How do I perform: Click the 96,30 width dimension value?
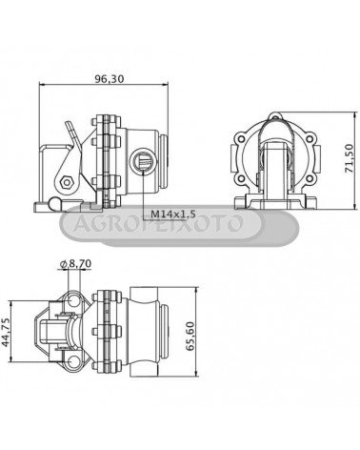(110, 78)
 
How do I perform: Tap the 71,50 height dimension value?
(349, 158)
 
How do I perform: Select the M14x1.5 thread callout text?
(172, 214)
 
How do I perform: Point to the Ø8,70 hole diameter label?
(75, 263)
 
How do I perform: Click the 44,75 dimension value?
(6, 332)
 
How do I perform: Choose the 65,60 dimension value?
(190, 336)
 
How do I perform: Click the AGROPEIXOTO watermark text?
(158, 223)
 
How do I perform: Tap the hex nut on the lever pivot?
(67, 182)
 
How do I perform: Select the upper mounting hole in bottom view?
(74, 300)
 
